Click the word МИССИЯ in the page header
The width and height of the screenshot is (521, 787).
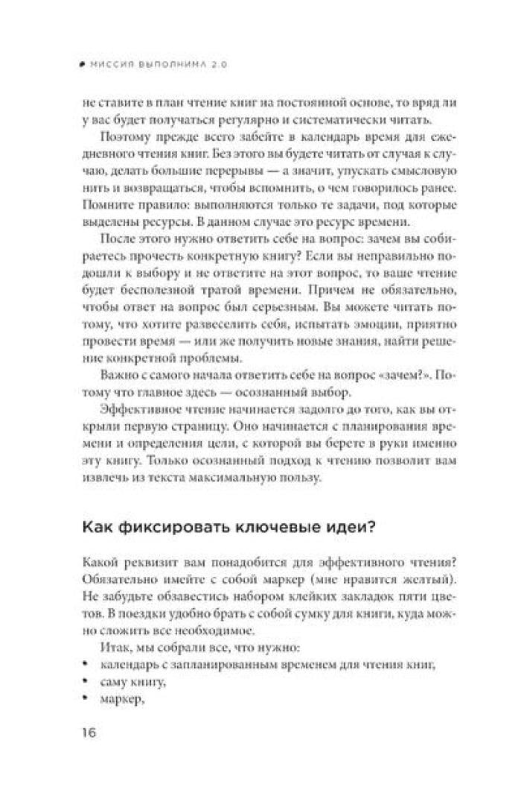pos(109,64)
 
